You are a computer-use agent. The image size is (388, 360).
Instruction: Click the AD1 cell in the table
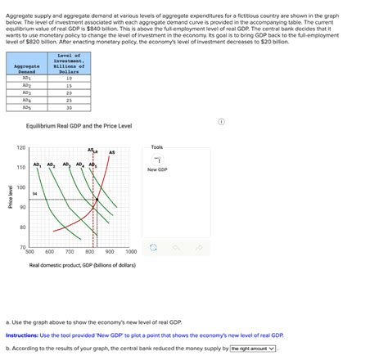click(x=27, y=79)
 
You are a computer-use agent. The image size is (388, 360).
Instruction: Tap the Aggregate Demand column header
click(x=27, y=68)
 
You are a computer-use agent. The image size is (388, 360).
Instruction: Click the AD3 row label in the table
click(x=27, y=92)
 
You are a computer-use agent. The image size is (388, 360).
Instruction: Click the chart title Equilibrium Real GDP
click(x=79, y=125)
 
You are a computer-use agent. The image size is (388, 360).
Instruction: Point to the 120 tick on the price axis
click(x=20, y=148)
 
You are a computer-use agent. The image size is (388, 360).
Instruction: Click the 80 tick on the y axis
click(x=22, y=227)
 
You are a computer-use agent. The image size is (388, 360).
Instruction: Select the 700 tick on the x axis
click(x=70, y=252)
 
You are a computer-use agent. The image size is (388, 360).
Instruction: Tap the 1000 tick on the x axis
click(x=131, y=252)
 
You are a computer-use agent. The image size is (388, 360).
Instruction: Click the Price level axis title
click(x=10, y=197)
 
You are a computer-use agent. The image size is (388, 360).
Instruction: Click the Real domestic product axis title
click(x=82, y=265)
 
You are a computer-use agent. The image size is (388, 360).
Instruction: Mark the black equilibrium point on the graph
click(x=98, y=200)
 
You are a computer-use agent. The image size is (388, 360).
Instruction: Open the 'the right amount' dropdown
click(x=252, y=348)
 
